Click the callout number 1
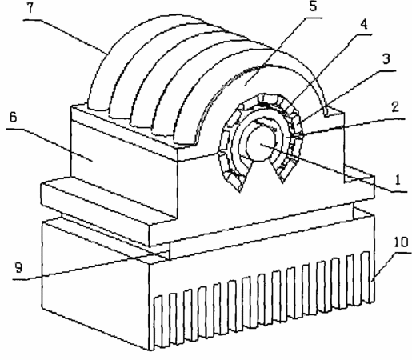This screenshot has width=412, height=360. (398, 179)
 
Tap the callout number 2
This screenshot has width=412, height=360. (395, 107)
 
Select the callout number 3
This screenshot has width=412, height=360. (386, 59)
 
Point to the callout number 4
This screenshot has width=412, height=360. (364, 24)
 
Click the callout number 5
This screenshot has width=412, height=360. (313, 6)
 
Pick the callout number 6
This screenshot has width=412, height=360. (14, 117)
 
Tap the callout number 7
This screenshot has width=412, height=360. (30, 8)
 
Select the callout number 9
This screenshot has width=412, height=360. (18, 268)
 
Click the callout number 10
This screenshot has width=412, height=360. (401, 242)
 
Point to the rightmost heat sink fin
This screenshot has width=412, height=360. (366, 278)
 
